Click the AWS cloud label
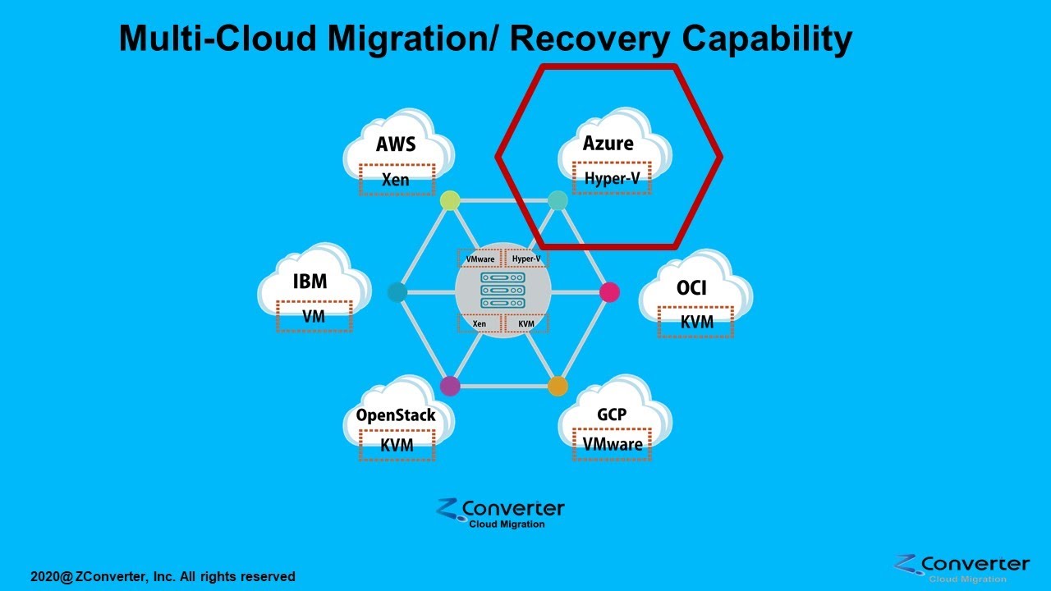396,144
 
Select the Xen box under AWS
396,179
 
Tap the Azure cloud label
608,144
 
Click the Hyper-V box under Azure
612,178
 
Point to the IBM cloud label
310,282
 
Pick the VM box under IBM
314,316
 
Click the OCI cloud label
691,288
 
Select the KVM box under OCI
696,323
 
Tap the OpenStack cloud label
396,415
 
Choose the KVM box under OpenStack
397,446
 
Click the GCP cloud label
612,415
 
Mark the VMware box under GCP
613,444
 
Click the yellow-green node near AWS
450,200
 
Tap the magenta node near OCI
609,291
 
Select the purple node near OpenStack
450,386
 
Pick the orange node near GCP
558,386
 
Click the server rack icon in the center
503,291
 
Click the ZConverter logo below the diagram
501,514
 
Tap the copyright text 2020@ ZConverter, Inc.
163,577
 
